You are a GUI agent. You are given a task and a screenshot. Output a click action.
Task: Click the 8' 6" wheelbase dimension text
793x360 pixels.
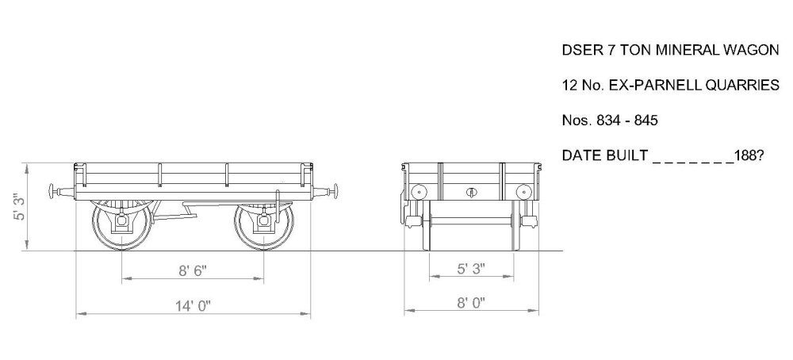point(192,270)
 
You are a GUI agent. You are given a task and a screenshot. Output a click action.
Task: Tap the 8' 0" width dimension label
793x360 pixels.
point(470,302)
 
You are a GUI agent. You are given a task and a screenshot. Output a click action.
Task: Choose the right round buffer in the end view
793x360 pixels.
point(523,191)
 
